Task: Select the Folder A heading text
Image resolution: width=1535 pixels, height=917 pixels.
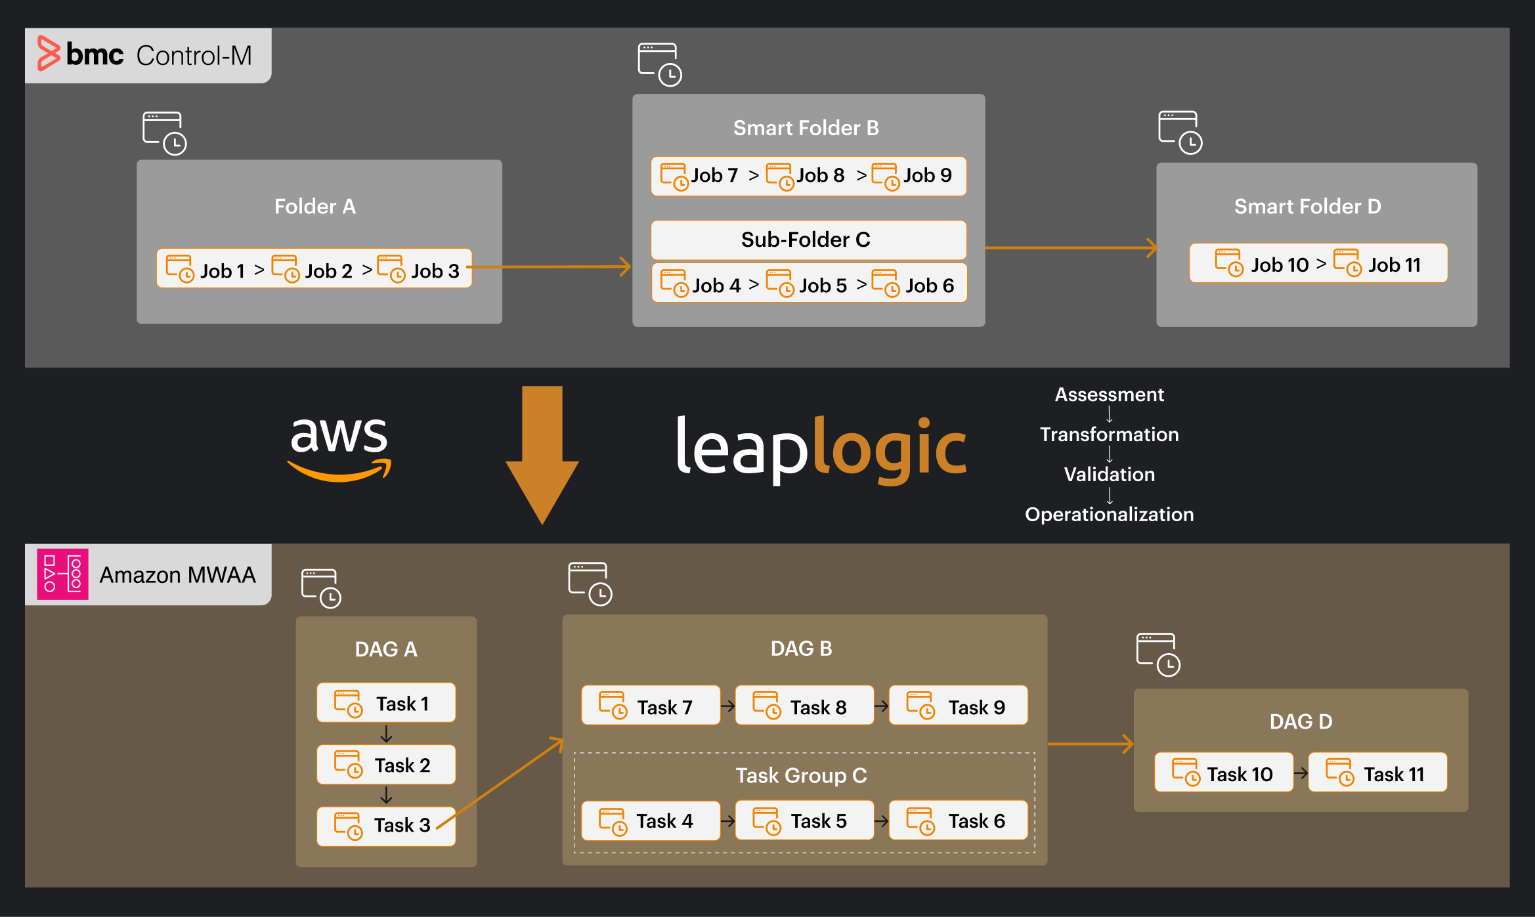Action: pyautogui.click(x=314, y=206)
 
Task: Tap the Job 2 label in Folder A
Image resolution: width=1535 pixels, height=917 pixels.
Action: pyautogui.click(x=328, y=270)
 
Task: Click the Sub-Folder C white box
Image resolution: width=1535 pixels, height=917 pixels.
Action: pyautogui.click(x=808, y=240)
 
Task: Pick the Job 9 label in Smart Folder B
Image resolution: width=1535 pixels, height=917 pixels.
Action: pyautogui.click(x=926, y=175)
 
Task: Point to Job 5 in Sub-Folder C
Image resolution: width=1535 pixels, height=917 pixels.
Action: pyautogui.click(x=823, y=286)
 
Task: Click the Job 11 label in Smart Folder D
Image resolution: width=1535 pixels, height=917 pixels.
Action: pyautogui.click(x=1394, y=265)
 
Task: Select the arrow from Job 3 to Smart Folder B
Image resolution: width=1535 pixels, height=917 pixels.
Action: pyautogui.click(x=551, y=267)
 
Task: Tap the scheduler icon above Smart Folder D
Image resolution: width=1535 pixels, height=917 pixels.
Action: pyautogui.click(x=1180, y=133)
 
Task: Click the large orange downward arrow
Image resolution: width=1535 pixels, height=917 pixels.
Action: pyautogui.click(x=542, y=453)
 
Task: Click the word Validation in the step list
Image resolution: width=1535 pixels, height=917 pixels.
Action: pyautogui.click(x=1109, y=474)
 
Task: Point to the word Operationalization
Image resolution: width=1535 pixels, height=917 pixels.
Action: pyautogui.click(x=1109, y=514)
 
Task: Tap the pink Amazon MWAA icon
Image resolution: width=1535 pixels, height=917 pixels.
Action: pyautogui.click(x=62, y=574)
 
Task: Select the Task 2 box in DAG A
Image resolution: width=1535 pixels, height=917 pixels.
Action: pyautogui.click(x=386, y=765)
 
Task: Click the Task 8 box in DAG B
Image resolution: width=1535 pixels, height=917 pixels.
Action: pyautogui.click(x=804, y=706)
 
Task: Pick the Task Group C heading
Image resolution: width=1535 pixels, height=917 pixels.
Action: pyautogui.click(x=801, y=775)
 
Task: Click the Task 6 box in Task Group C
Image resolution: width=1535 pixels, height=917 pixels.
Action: pyautogui.click(x=958, y=821)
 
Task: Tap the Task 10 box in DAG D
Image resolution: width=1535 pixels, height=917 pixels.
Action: pyautogui.click(x=1223, y=773)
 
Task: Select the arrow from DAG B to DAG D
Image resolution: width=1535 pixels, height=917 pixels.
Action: pyautogui.click(x=1090, y=744)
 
